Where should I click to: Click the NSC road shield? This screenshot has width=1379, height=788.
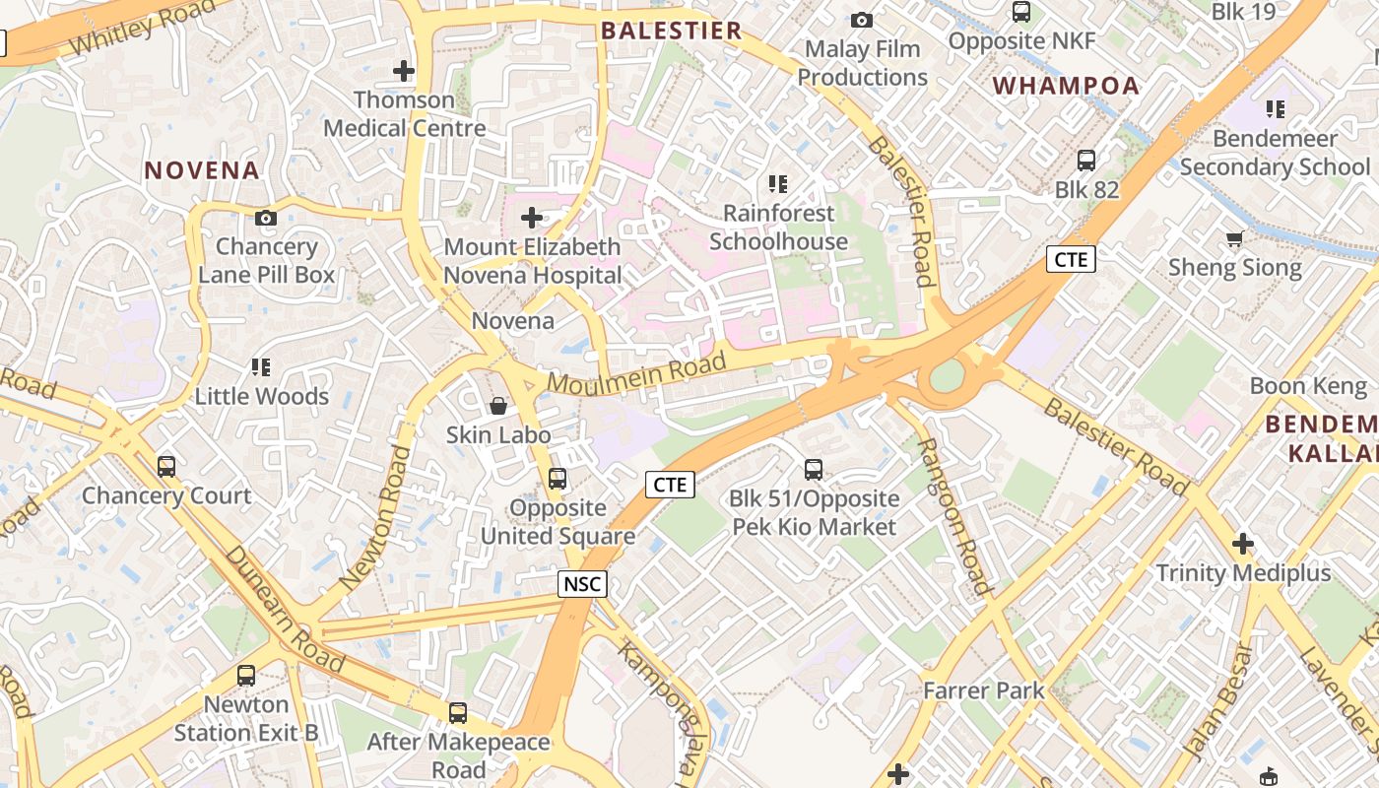(x=582, y=583)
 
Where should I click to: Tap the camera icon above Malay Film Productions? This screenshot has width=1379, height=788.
(x=862, y=20)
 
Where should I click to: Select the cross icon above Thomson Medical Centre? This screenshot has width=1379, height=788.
(x=403, y=71)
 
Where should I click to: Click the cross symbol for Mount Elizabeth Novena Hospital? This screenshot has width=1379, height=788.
(x=532, y=217)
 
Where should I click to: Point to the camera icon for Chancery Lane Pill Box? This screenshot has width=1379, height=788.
(x=266, y=218)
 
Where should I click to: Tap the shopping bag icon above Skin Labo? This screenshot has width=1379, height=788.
(x=498, y=406)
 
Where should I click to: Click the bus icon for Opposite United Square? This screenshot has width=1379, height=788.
(x=558, y=479)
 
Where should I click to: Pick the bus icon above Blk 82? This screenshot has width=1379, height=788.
(x=1086, y=161)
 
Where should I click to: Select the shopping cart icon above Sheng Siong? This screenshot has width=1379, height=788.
(x=1234, y=238)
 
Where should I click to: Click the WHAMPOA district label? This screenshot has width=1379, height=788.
(x=1066, y=86)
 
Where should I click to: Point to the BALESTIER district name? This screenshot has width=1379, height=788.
(x=672, y=31)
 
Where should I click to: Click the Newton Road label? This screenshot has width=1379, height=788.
(x=374, y=518)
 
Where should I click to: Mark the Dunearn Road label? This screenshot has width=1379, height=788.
(x=285, y=608)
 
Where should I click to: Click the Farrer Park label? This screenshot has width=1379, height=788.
(x=983, y=690)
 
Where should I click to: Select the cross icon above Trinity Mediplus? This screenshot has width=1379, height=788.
(x=1243, y=543)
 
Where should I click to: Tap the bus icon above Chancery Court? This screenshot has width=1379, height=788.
(x=166, y=466)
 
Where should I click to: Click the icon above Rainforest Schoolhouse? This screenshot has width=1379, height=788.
(x=778, y=183)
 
